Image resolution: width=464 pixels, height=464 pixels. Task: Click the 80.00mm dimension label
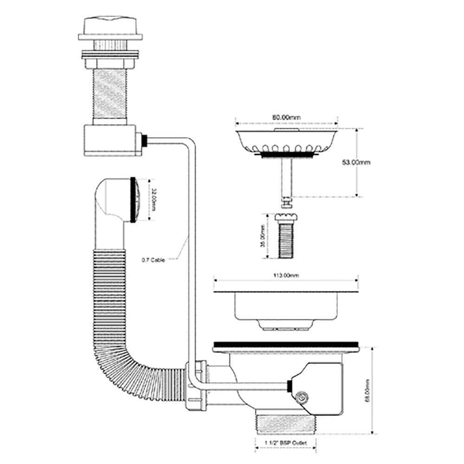point(286,117)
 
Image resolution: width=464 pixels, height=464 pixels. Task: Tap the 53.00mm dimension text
point(356,162)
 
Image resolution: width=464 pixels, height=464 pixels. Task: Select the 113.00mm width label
point(285,275)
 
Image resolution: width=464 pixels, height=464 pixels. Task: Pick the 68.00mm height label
point(367,391)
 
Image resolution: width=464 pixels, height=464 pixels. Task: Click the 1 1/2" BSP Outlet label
point(285,443)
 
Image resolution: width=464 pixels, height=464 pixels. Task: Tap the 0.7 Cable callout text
point(153,260)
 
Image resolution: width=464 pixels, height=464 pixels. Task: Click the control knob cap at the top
point(110,29)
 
